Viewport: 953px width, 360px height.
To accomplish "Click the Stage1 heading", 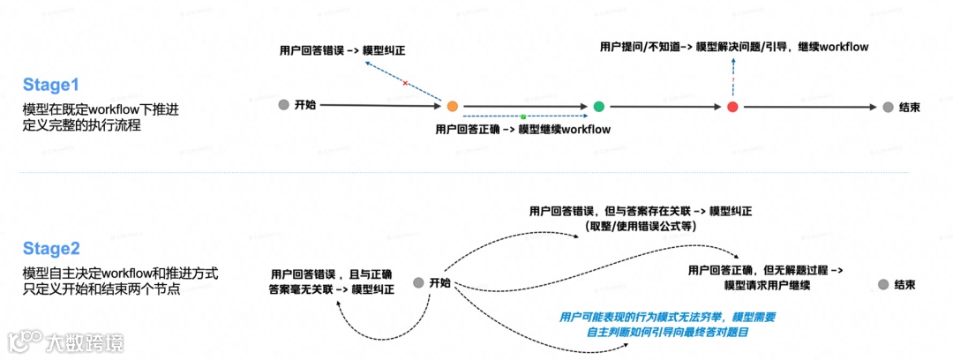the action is (51, 86).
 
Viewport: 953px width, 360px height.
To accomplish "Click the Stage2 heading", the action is (51, 249).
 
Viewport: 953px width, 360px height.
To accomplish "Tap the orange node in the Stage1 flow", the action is (452, 107).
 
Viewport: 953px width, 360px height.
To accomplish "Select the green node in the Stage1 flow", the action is (599, 107).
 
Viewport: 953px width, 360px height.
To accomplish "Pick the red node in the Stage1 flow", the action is (732, 107).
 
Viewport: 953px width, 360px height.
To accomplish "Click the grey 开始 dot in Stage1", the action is (283, 105).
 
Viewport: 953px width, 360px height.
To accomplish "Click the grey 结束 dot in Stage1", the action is (887, 107).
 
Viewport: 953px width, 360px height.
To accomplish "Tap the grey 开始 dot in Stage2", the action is (418, 283).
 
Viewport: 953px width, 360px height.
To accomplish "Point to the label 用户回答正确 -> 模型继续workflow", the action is (523, 129).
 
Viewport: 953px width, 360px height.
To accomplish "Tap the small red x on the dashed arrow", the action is (405, 83).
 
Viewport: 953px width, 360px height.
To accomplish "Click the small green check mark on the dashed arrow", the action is (522, 116).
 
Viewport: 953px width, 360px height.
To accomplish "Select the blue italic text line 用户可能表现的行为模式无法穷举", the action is (667, 317).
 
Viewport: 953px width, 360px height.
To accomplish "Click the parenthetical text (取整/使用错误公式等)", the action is (641, 226).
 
